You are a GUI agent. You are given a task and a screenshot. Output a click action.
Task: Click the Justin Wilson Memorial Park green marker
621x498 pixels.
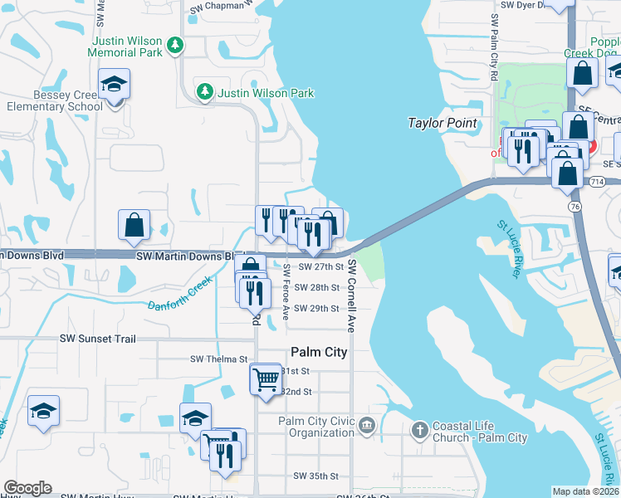point(174,45)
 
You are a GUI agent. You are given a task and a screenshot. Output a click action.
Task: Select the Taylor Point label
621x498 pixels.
point(443,124)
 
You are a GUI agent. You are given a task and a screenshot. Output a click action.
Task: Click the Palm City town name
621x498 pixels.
point(318,352)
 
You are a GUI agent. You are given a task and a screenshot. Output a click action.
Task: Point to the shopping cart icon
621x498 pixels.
point(266,378)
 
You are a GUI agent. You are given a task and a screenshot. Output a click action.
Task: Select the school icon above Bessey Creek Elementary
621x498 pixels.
point(114,83)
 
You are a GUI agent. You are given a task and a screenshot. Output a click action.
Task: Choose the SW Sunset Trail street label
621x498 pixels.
point(109,339)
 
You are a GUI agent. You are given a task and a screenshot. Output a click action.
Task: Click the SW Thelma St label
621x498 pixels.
point(219,359)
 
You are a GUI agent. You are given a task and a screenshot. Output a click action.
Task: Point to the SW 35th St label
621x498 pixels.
point(315,476)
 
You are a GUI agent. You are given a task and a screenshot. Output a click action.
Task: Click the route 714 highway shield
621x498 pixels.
point(597,181)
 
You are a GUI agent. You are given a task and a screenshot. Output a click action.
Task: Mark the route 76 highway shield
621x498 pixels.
point(575,205)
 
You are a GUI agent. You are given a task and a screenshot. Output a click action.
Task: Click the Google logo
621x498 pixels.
point(27,488)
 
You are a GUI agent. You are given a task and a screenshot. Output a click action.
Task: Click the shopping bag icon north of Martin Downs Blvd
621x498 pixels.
point(134,224)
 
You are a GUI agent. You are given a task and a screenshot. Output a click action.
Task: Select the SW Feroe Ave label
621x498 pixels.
point(285,291)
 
